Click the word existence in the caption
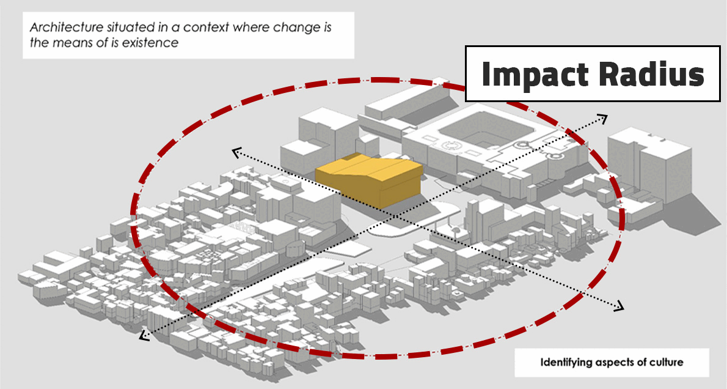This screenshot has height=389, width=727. (x=150, y=43)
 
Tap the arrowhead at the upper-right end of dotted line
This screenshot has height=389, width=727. (x=604, y=118)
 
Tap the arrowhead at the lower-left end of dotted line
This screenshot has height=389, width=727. (x=144, y=334)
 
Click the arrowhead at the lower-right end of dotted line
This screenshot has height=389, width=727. (x=619, y=306)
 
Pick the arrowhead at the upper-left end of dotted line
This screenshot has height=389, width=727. (x=236, y=151)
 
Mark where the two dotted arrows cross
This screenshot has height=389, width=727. (x=394, y=216)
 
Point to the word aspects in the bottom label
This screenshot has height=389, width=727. (x=626, y=362)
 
